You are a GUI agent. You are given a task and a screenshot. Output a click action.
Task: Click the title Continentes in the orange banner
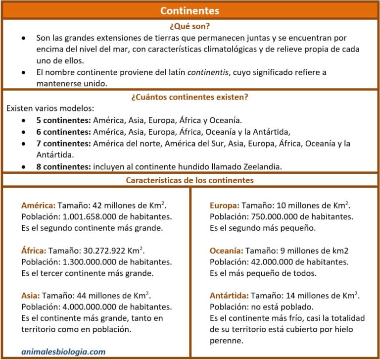click(190, 10)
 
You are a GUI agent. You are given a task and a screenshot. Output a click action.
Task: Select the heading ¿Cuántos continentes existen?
click(190, 97)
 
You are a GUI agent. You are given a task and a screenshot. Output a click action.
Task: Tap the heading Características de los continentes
click(190, 180)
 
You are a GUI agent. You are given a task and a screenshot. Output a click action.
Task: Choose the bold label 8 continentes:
click(63, 166)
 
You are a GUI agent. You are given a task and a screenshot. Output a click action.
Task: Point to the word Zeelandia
click(260, 166)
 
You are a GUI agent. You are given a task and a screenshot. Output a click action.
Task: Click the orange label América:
click(39, 205)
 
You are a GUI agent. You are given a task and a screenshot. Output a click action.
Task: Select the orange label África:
click(34, 251)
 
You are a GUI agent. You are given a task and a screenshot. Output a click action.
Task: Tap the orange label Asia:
click(30, 296)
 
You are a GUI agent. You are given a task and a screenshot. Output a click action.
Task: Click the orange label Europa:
click(225, 205)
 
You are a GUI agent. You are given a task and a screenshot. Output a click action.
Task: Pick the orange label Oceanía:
click(227, 251)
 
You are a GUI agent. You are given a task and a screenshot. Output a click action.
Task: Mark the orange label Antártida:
click(229, 296)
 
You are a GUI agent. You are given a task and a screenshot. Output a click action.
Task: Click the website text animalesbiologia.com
click(63, 352)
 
